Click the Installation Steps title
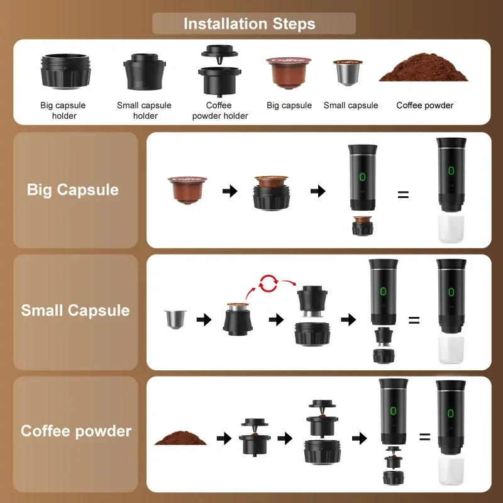pyautogui.click(x=250, y=24)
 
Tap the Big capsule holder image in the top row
pyautogui.click(x=64, y=72)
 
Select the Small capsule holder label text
pyautogui.click(x=144, y=110)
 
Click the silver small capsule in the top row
pyautogui.click(x=346, y=74)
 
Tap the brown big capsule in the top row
pyautogui.click(x=289, y=73)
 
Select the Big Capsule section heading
pyautogui.click(x=73, y=190)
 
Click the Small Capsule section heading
pyautogui.click(x=75, y=311)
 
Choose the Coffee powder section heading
pyautogui.click(x=76, y=431)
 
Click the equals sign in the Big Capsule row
pyautogui.click(x=403, y=194)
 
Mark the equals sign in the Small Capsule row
pyautogui.click(x=414, y=320)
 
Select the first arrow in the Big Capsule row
pyautogui.click(x=230, y=191)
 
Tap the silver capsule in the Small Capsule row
pyautogui.click(x=174, y=320)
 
